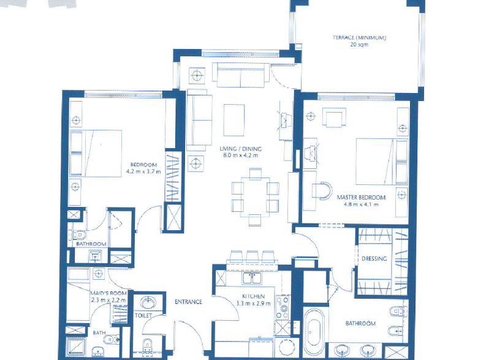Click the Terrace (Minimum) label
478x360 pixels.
click(x=359, y=38)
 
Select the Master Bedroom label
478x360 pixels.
click(x=361, y=197)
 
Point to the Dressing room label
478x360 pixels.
click(x=374, y=258)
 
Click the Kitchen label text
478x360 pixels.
click(x=252, y=296)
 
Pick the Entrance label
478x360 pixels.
click(x=188, y=302)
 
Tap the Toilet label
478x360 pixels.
click(x=143, y=315)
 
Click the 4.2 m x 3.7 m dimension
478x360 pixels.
click(x=143, y=172)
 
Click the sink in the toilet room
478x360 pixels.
click(x=147, y=302)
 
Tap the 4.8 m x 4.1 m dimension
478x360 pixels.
click(x=361, y=204)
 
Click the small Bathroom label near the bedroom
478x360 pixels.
click(x=91, y=244)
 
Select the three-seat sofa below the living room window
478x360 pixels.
click(x=240, y=77)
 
